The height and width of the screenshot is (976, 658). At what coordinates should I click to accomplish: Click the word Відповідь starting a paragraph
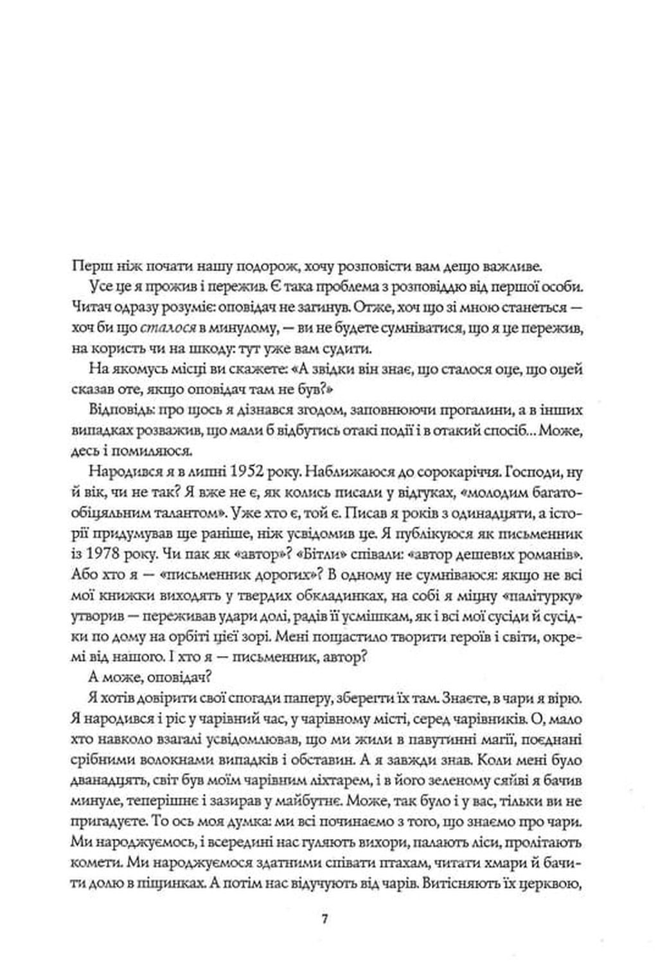pos(115,409)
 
